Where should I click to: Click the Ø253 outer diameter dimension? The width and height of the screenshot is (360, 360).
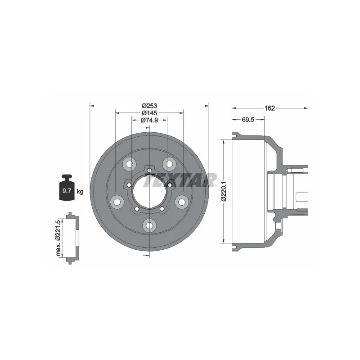pyautogui.click(x=149, y=105)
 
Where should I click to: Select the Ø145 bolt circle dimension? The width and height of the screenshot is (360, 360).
pyautogui.click(x=149, y=113)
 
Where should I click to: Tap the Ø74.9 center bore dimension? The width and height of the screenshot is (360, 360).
pyautogui.click(x=149, y=120)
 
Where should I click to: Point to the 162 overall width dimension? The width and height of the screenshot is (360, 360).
pyautogui.click(x=270, y=108)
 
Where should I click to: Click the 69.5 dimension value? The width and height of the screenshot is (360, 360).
pyautogui.click(x=249, y=120)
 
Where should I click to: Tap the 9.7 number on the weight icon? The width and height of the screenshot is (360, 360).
pyautogui.click(x=67, y=191)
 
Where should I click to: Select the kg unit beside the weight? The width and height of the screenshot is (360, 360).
pyautogui.click(x=80, y=192)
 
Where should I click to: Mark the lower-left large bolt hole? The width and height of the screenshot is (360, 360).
pyautogui.click(x=117, y=201)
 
